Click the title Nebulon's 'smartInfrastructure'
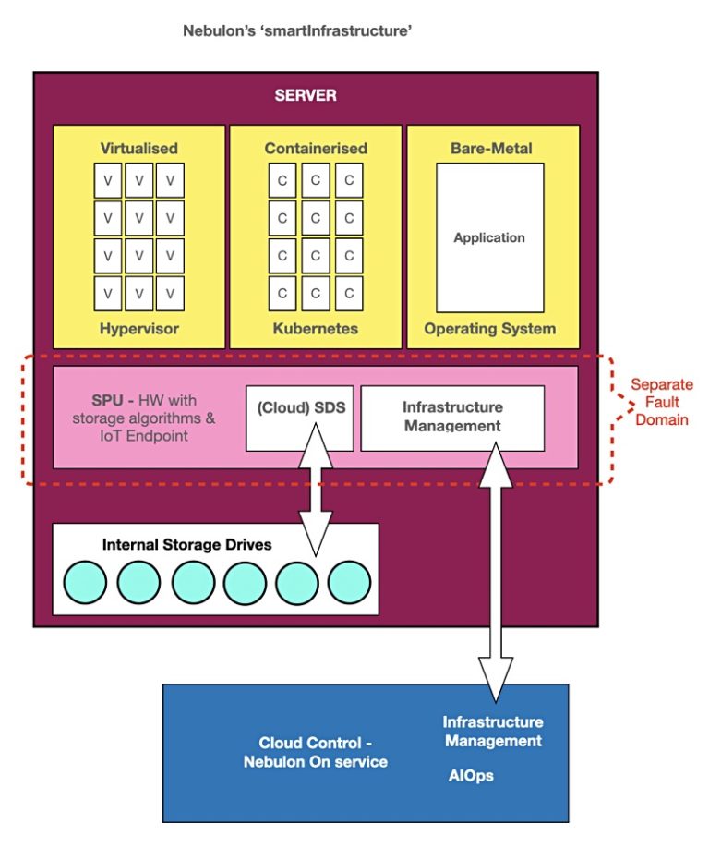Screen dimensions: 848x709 (297, 31)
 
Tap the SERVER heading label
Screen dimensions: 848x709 (306, 95)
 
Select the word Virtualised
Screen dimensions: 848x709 (138, 148)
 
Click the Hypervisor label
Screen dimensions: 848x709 (138, 328)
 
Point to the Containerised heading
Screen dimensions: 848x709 (316, 148)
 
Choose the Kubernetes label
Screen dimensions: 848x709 (316, 328)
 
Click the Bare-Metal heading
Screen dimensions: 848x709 (491, 148)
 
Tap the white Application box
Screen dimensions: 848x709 (489, 237)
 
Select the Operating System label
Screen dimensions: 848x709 (490, 328)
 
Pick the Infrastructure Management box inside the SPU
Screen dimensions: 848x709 (451, 417)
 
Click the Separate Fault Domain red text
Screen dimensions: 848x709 (661, 402)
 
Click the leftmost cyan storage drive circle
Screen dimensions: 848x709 (85, 582)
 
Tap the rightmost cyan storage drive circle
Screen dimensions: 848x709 (349, 582)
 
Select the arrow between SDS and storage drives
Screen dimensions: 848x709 (317, 499)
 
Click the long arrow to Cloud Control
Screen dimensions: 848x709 (496, 573)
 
